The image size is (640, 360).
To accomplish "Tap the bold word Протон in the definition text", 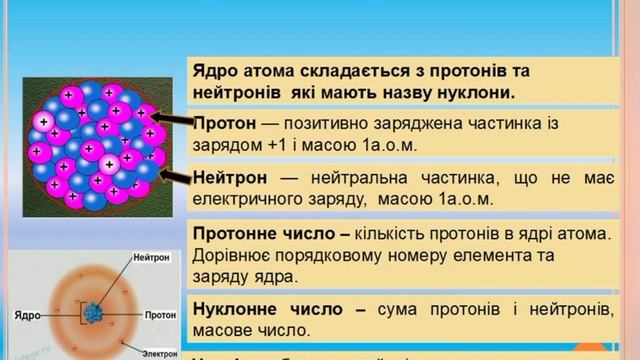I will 221,123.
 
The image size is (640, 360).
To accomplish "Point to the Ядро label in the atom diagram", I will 27,315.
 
